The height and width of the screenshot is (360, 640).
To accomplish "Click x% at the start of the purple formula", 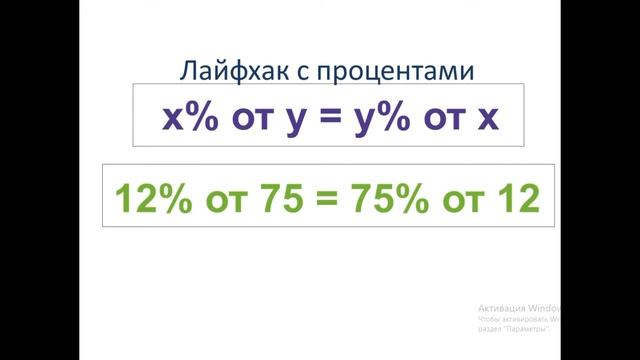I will point(189,118).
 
